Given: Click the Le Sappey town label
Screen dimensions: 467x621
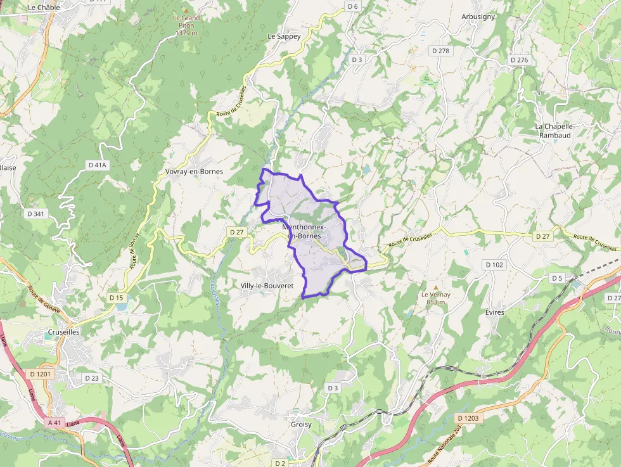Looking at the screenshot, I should [284, 37].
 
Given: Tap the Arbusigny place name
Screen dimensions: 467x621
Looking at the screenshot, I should [478, 17].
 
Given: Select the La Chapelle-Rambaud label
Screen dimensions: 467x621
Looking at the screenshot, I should [554, 131].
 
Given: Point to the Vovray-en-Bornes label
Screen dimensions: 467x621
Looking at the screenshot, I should [194, 172].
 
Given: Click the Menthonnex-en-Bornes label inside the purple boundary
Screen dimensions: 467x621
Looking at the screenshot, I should [304, 231].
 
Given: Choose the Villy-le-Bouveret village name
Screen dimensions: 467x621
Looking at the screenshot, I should [267, 286].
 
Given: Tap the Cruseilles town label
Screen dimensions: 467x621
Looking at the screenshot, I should [63, 331].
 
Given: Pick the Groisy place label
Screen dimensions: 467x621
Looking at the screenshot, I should [300, 425].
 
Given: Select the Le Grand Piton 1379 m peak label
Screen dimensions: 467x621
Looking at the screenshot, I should [186, 25].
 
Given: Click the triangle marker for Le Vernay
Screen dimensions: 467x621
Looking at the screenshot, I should [435, 287].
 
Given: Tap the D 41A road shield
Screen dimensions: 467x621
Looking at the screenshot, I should [98, 165].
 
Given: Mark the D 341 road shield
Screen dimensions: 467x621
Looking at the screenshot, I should [36, 214].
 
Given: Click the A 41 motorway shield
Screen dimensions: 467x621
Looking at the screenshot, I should [56, 422].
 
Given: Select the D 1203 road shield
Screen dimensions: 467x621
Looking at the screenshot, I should [468, 418].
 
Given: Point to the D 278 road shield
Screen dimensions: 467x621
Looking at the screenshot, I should [440, 51].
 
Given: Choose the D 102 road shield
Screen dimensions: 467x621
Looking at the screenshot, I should [494, 264].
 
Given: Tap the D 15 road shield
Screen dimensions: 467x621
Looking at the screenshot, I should [116, 298].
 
